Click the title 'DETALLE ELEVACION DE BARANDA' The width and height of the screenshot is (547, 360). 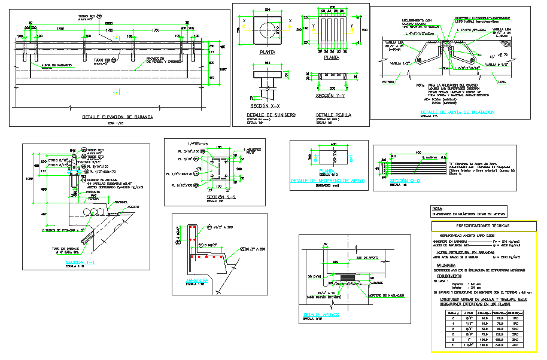[117, 117]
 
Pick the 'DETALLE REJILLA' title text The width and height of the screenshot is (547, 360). [333, 114]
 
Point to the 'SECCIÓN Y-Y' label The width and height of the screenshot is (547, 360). [332, 96]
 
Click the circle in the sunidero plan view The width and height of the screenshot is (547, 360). [268, 29]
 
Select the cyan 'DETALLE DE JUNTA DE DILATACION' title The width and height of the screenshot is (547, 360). [458, 112]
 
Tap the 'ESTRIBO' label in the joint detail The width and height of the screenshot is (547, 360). [388, 81]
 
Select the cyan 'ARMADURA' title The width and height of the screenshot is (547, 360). [197, 280]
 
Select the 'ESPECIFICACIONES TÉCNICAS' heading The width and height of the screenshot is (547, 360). [483, 226]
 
